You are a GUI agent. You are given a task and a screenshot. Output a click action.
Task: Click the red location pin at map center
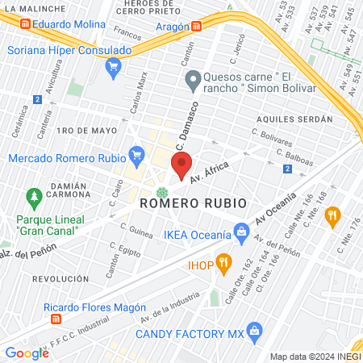click(181, 165)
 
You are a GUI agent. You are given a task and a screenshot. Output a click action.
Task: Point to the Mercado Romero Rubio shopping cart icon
click(136, 153)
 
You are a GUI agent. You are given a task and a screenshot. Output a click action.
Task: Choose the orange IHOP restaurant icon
click(223, 261)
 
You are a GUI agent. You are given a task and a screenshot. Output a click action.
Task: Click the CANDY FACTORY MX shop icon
click(255, 331)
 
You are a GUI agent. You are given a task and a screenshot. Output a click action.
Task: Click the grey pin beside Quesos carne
click(192, 80)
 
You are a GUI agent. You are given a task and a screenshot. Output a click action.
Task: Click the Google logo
click(27, 353)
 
